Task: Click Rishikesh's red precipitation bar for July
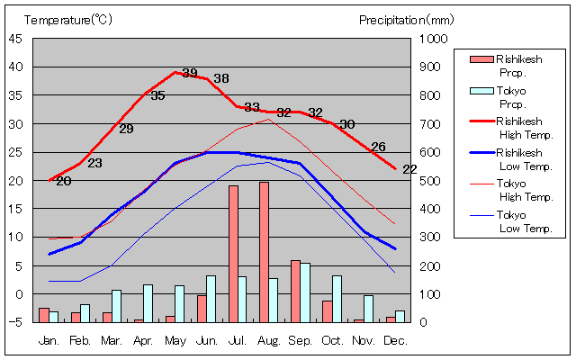233,254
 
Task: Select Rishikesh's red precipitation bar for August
264,252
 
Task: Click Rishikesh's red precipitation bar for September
295,291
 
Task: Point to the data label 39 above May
189,74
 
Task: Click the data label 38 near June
221,78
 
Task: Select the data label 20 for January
63,181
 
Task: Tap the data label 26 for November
378,147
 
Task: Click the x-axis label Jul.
238,340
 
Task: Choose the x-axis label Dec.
395,340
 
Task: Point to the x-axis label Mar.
112,340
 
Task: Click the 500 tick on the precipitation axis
433,180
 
